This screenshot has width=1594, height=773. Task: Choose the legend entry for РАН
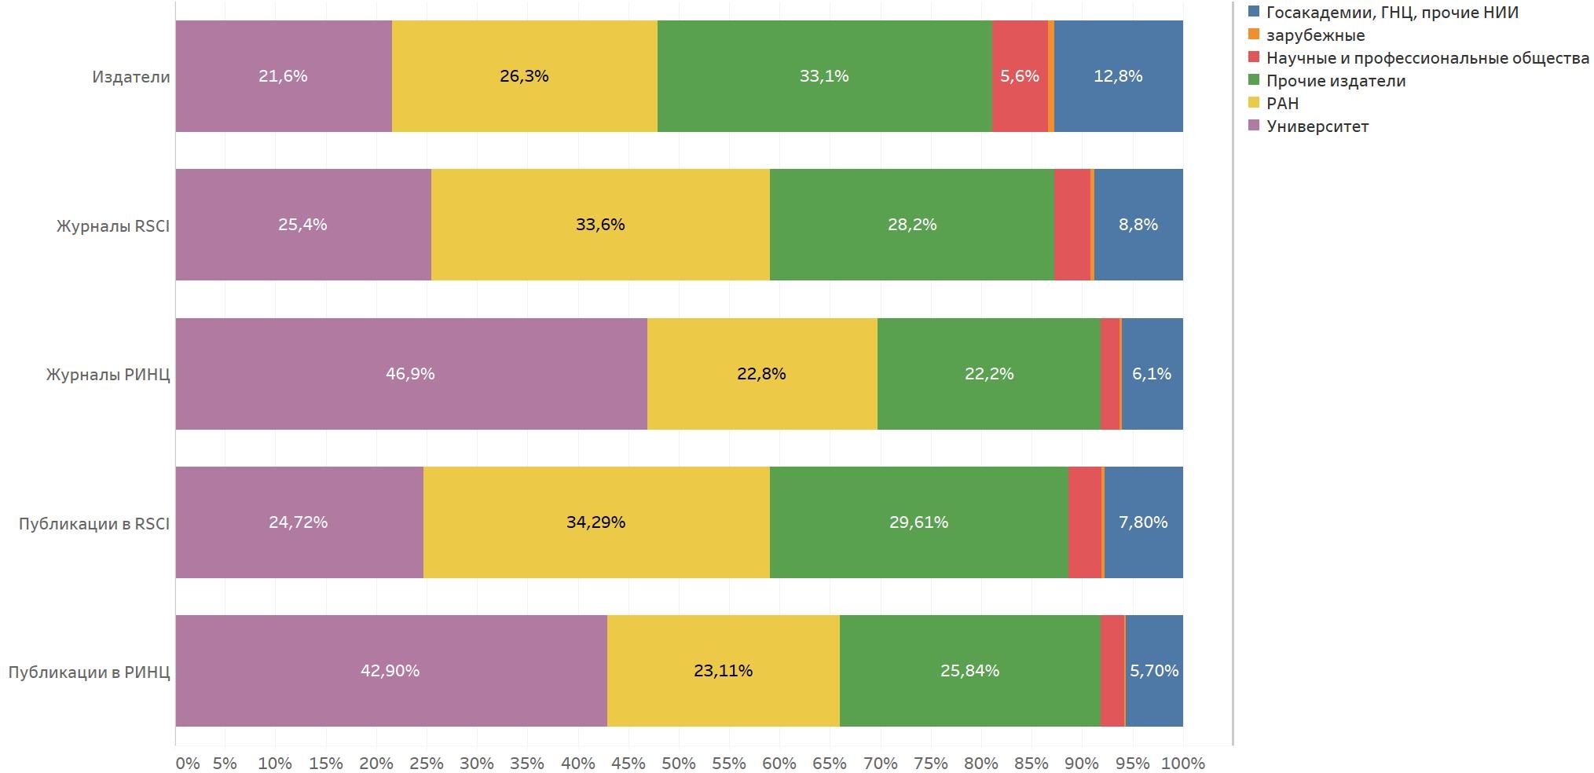coord(1282,104)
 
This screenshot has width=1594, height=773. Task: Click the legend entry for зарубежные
coord(1315,35)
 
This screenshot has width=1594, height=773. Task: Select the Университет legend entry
coord(1317,126)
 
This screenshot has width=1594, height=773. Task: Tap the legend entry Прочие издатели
coord(1336,81)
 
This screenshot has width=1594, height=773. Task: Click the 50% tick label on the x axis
coord(679,764)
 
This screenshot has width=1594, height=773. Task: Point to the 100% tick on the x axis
coord(1182,764)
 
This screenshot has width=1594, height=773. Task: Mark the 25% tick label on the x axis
coord(427,764)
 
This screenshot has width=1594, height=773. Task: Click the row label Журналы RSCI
coord(113,226)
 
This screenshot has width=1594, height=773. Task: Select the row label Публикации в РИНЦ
coord(89,672)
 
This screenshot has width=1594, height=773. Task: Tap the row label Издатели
coord(130,77)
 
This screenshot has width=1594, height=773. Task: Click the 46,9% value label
coord(410,374)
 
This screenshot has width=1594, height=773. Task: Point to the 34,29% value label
coord(595,522)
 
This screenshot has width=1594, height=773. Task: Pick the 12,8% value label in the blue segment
coord(1118,76)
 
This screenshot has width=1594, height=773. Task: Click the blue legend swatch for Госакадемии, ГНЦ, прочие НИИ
coord(1254,12)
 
